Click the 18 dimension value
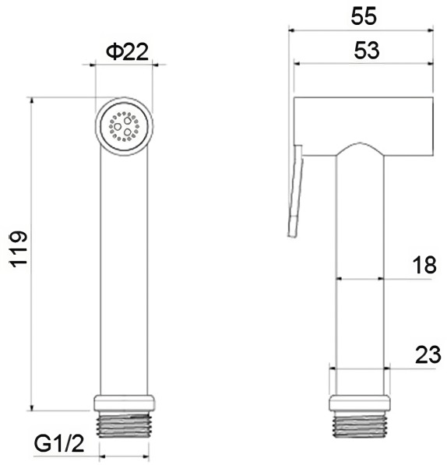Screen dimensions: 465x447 pyautogui.click(x=424, y=265)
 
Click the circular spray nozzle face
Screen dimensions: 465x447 pyautogui.click(x=125, y=125)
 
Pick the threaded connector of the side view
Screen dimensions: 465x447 pyautogui.click(x=360, y=424)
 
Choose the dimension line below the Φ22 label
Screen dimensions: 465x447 pyautogui.click(x=124, y=65)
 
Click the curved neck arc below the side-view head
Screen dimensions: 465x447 pyautogui.click(x=360, y=146)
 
